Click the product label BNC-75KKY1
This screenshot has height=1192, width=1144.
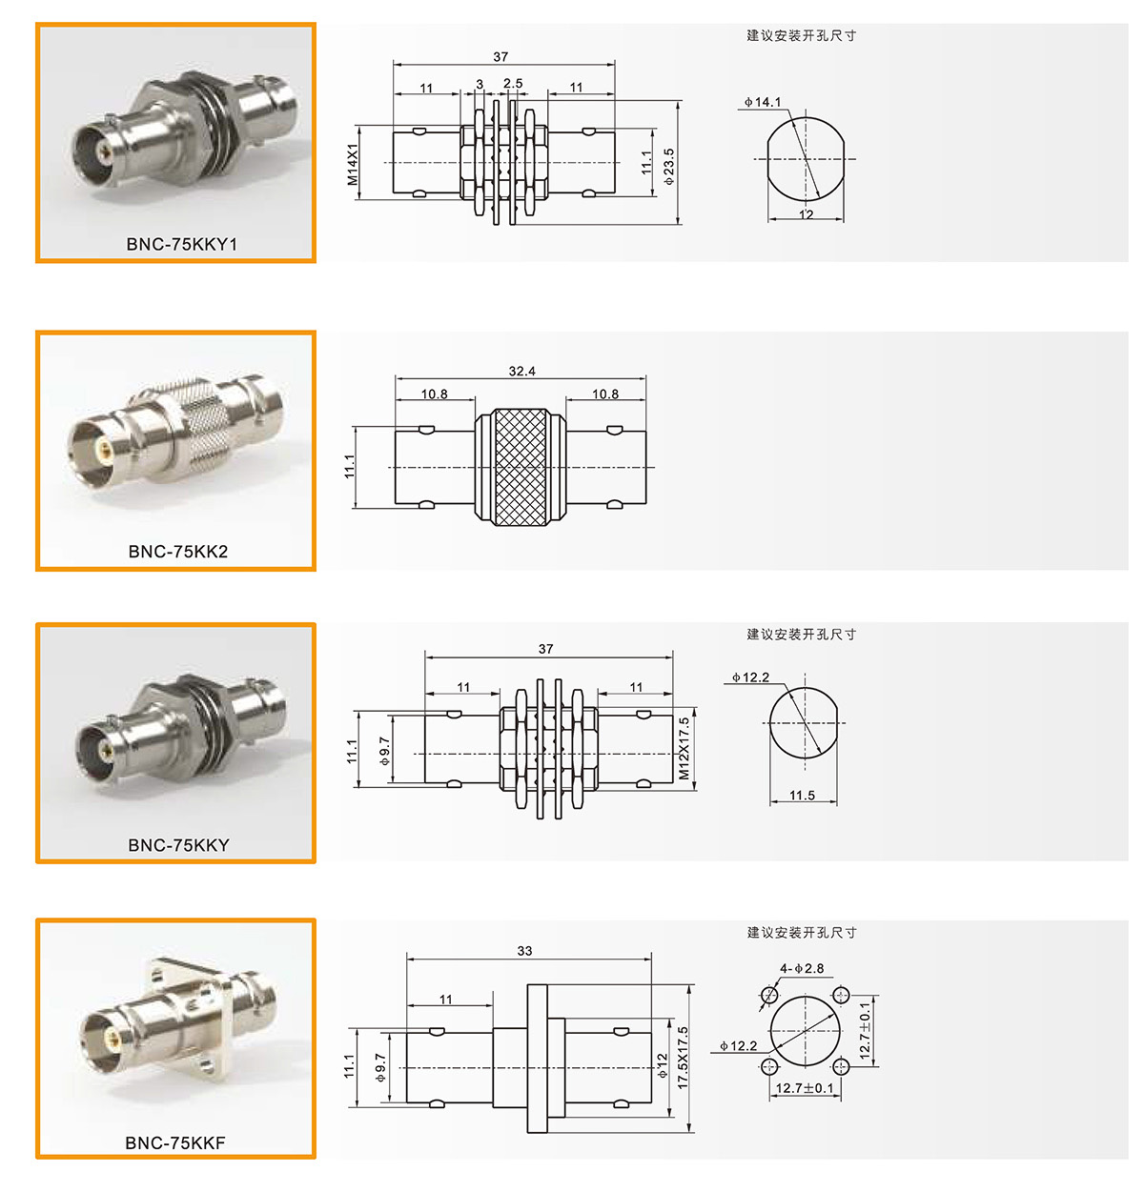(x=181, y=244)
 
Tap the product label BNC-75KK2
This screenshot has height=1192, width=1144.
(x=177, y=552)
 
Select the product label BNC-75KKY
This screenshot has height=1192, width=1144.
(x=178, y=845)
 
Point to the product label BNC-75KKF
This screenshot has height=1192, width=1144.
(x=175, y=1143)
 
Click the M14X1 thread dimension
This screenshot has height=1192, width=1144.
(x=352, y=164)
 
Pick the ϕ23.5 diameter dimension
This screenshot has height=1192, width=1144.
(x=668, y=166)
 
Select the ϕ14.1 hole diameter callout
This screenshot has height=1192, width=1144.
(x=763, y=102)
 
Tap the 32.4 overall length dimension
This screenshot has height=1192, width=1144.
(x=521, y=372)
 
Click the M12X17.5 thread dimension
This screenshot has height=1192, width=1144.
(x=684, y=749)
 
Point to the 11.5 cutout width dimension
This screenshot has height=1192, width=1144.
(x=802, y=796)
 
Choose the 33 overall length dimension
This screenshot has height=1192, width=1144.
(x=524, y=951)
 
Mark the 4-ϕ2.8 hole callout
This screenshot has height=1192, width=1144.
(x=802, y=968)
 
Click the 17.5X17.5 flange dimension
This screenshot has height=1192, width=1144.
(x=683, y=1058)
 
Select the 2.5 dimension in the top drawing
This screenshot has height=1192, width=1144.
(x=513, y=83)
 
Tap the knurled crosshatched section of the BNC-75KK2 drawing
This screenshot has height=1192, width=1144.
(x=521, y=467)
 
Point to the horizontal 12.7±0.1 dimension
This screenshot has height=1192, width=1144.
(x=805, y=1088)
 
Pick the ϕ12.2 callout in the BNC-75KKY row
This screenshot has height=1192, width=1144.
(x=750, y=677)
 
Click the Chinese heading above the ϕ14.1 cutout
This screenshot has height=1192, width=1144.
(x=801, y=35)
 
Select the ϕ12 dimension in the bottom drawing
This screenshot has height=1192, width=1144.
(x=662, y=1066)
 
